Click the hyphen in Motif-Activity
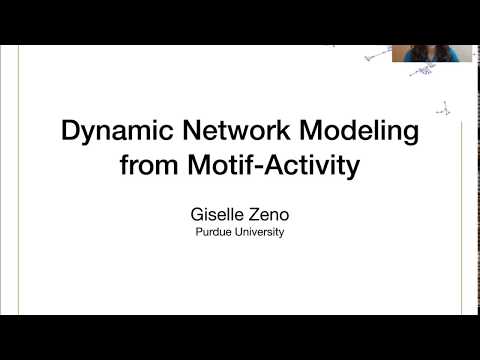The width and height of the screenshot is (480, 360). click(x=256, y=166)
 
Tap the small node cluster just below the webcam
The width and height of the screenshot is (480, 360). click(x=425, y=72)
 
